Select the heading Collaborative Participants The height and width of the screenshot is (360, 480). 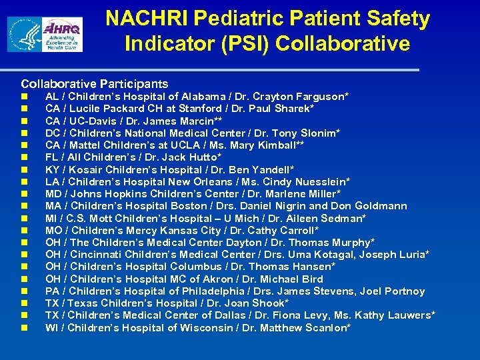95,84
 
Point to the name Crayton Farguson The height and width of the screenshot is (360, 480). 303,97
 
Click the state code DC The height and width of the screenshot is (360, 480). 53,133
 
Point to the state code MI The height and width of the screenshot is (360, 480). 51,218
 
